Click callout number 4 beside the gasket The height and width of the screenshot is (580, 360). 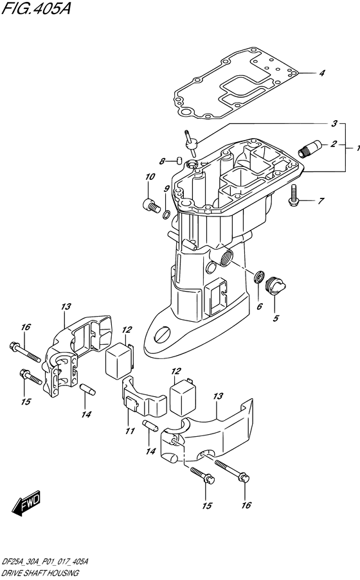[x=322, y=73]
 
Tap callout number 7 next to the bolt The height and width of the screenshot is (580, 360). [x=320, y=201]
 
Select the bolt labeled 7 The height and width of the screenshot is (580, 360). [x=293, y=194]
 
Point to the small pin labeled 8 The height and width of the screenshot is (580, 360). [x=179, y=160]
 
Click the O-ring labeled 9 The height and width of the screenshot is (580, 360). [x=166, y=213]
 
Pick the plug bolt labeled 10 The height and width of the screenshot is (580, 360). [x=150, y=204]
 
